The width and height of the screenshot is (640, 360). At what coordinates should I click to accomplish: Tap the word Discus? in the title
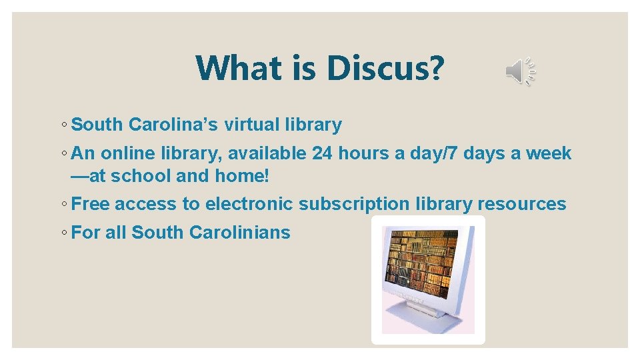pyautogui.click(x=384, y=68)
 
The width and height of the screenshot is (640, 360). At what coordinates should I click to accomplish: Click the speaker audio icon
pyautogui.click(x=521, y=71)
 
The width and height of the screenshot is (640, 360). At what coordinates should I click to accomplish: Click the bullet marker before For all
pyautogui.click(x=62, y=233)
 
